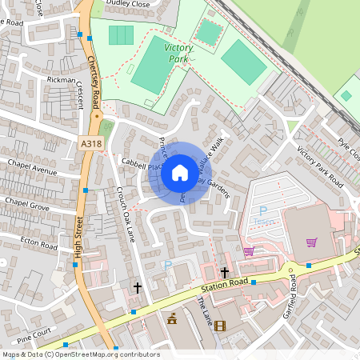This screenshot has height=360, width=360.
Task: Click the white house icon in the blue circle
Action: point(180,173)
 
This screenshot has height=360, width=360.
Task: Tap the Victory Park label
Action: point(178,53)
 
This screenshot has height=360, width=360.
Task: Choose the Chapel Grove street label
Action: point(27,205)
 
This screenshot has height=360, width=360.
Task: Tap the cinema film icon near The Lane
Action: point(220,326)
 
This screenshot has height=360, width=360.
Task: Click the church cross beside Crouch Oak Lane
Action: point(137,286)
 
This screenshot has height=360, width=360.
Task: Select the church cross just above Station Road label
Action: point(225,272)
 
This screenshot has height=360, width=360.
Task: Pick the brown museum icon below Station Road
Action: point(171,318)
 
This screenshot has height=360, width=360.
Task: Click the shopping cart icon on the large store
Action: point(311,242)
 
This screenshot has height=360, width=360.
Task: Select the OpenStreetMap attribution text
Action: point(80,354)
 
